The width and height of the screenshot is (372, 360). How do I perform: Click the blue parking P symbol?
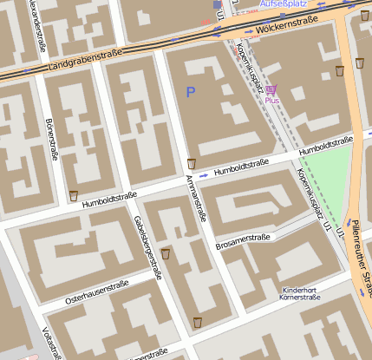[x=191, y=90]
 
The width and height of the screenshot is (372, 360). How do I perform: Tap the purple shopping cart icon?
[x=271, y=89]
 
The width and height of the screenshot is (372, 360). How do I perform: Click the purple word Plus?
[x=271, y=101]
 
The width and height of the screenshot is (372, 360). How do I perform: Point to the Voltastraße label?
[x=51, y=342]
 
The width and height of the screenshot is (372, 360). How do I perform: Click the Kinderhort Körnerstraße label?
[x=301, y=293]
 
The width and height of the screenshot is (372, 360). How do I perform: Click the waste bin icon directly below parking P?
[x=192, y=163]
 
